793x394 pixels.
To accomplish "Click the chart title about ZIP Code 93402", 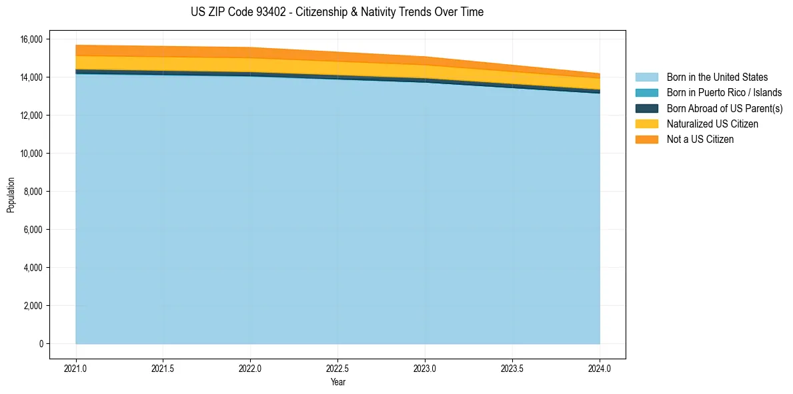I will click(337, 12).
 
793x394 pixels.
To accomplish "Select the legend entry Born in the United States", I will click(717, 77).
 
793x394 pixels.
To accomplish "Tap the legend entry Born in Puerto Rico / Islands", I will click(724, 93).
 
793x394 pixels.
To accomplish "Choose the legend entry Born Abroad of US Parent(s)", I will click(724, 108).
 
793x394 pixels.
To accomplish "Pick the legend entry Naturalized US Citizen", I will click(712, 124).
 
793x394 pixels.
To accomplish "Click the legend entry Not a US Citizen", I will click(700, 139).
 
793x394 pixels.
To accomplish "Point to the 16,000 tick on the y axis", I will click(31, 39).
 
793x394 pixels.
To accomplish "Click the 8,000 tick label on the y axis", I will click(33, 192).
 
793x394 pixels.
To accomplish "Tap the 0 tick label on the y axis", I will click(41, 344).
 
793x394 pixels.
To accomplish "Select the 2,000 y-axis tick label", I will click(33, 306).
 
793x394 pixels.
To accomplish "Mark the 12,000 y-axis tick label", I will click(31, 116).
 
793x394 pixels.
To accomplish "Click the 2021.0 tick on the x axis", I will click(76, 368).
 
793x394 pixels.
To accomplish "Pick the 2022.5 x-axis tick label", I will click(337, 368).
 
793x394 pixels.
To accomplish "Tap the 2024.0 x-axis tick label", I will click(600, 368).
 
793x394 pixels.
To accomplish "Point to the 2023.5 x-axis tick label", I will click(512, 368).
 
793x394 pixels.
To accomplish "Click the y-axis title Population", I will click(11, 195).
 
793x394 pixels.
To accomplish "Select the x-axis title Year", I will click(337, 382).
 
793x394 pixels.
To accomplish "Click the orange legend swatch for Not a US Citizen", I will click(646, 139).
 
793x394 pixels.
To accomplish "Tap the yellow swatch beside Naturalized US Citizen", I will click(646, 124).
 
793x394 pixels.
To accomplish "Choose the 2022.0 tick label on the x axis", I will click(250, 368).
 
